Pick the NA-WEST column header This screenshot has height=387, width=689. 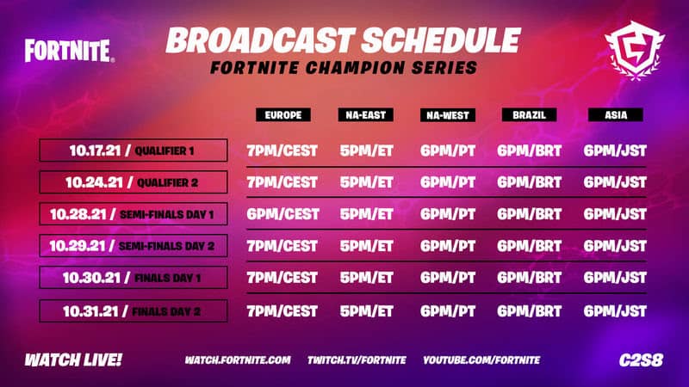pos(446,114)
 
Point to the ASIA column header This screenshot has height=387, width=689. pos(614,114)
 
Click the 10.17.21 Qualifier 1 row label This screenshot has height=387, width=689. pos(133,150)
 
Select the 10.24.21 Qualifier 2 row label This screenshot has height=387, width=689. pos(133,182)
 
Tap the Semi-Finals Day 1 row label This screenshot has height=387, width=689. pos(133,213)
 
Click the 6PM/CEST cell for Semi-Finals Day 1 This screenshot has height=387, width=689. pos(282,213)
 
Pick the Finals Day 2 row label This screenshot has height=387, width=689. pos(133,310)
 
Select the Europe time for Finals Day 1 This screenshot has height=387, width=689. pos(282,277)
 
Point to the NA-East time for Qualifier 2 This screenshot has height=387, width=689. pos(365,182)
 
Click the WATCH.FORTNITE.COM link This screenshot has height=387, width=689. pos(238,359)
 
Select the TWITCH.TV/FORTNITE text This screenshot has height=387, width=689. pos(357,359)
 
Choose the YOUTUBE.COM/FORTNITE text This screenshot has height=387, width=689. pos(481,359)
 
